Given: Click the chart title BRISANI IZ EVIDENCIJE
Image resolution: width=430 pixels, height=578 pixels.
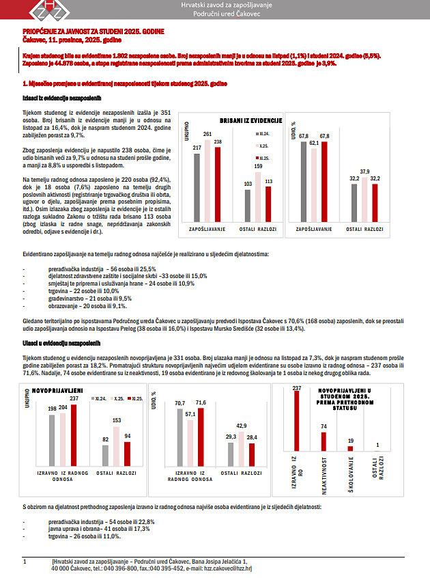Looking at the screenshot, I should coord(236,120).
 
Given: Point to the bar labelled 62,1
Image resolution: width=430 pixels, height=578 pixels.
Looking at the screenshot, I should coord(314,184).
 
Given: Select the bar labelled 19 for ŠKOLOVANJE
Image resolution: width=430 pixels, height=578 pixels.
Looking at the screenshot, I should coord(351,448).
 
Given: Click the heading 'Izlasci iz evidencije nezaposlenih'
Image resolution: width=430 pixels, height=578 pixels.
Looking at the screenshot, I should coord(57,98).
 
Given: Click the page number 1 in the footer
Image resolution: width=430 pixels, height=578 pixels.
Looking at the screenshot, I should coord(25,561).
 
